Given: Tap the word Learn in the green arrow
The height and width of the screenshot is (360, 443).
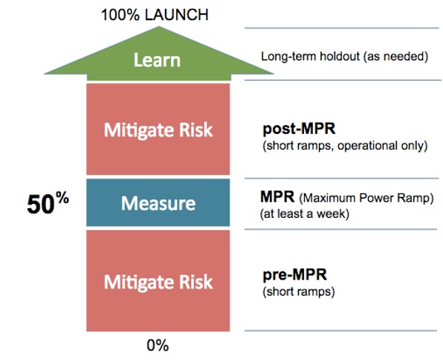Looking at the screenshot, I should (x=157, y=59).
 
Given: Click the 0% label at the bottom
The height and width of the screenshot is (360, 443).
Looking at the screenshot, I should (x=157, y=345).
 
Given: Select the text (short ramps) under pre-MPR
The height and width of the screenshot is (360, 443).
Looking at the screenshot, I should (x=298, y=292).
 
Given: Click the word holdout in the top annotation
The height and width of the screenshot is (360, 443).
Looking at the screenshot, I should (x=334, y=57).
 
